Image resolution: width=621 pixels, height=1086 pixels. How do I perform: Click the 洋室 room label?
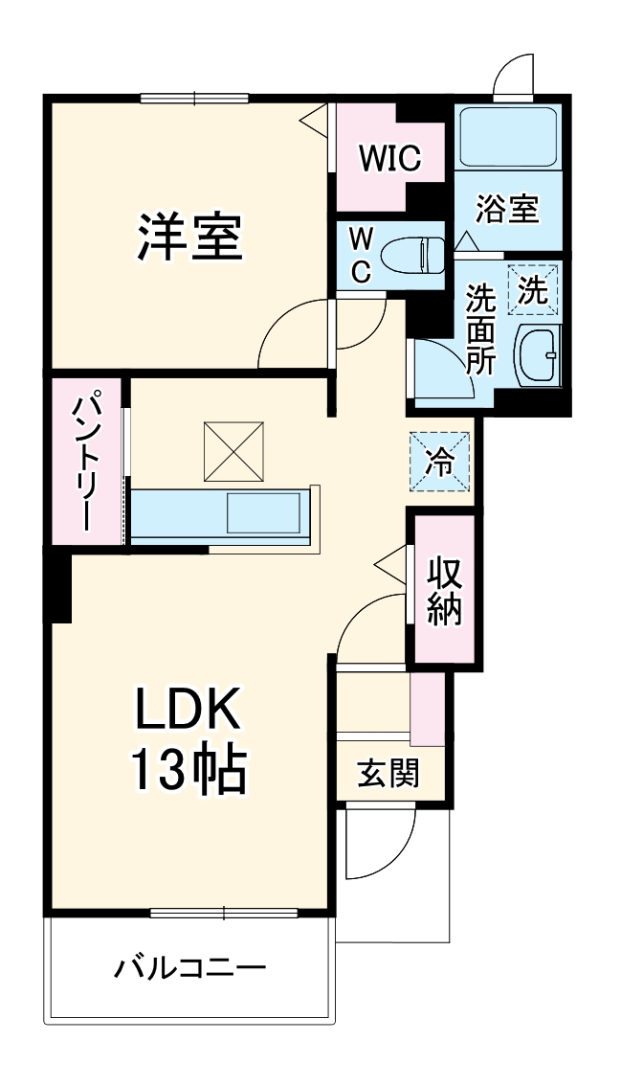[189, 238]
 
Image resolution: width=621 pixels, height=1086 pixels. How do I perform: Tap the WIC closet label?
[389, 158]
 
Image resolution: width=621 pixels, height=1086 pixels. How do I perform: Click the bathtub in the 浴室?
[507, 136]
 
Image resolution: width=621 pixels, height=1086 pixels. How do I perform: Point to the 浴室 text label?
[507, 209]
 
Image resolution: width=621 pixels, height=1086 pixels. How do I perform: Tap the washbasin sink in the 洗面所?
[538, 354]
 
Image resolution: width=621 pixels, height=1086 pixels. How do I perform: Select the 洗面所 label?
[477, 329]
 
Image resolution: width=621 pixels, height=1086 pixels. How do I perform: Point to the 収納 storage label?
[444, 590]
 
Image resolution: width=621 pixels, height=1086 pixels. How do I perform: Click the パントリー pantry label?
[86, 462]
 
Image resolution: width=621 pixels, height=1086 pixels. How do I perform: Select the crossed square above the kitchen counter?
[234, 450]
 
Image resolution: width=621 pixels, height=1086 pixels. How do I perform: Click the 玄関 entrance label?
[388, 772]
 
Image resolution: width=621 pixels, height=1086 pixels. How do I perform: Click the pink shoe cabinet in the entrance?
[427, 709]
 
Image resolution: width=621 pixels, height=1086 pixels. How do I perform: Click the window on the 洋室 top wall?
[194, 97]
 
